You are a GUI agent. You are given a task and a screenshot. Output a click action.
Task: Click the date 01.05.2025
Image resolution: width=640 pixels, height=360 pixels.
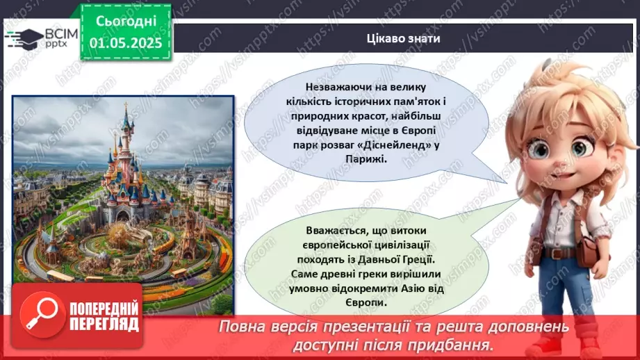point(125,42)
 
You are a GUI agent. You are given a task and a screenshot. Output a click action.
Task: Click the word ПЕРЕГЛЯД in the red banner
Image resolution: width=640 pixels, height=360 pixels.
point(101,324)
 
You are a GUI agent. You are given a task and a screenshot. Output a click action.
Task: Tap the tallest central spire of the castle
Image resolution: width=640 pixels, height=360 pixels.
point(127,118)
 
